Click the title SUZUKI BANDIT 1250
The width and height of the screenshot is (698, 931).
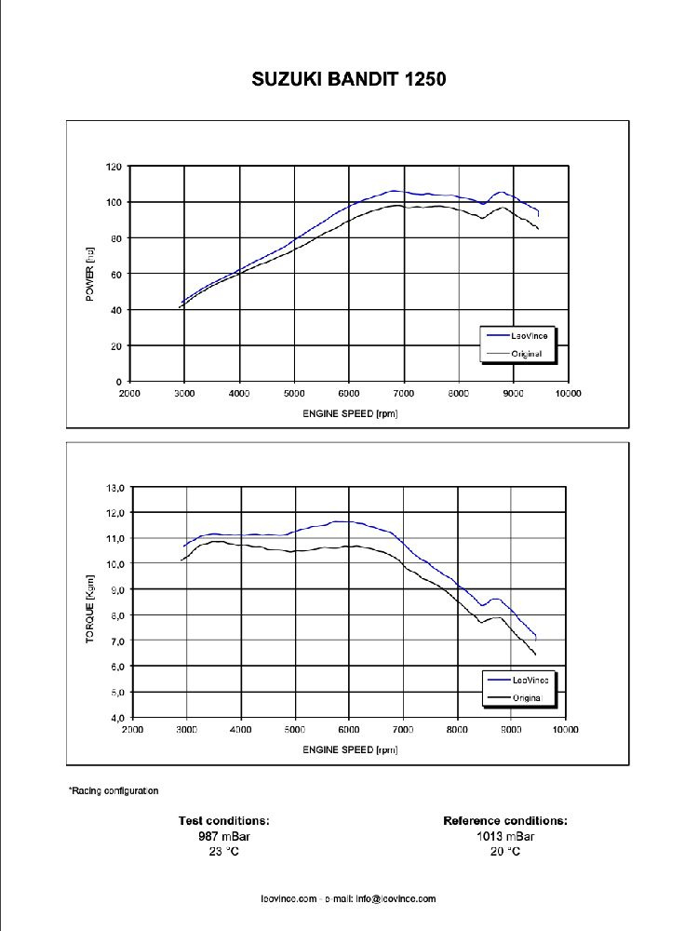coord(349,79)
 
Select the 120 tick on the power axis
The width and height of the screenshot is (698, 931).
coord(114,167)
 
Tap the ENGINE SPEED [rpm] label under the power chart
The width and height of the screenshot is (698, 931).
coord(350,413)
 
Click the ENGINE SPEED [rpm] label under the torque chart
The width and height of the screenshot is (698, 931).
coord(350,749)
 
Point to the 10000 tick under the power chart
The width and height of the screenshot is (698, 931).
coord(568,394)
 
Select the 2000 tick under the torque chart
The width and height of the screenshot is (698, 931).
coord(133,730)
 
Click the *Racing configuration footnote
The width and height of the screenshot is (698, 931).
coord(114,791)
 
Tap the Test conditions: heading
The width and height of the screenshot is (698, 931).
coord(224,821)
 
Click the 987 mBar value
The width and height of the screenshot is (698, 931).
coord(224,836)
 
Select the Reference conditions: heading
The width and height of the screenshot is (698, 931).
coord(505,821)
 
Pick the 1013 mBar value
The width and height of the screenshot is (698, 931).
coord(505,836)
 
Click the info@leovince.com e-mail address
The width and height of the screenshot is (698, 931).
coord(395,899)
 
